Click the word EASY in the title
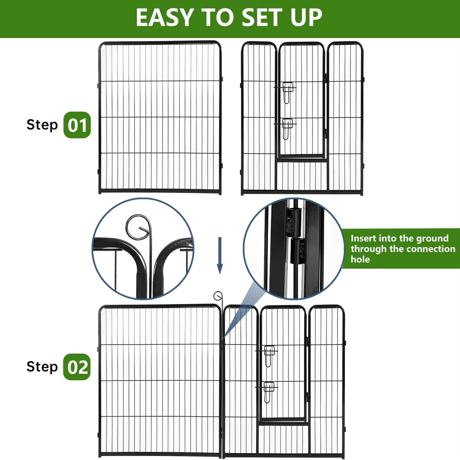(164, 18)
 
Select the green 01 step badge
(77, 125)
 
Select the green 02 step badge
(77, 367)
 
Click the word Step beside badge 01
(42, 125)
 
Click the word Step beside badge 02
(42, 366)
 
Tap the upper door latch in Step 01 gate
(287, 92)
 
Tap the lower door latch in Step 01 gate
(287, 128)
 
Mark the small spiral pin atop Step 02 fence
(218, 296)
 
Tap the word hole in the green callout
(360, 259)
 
